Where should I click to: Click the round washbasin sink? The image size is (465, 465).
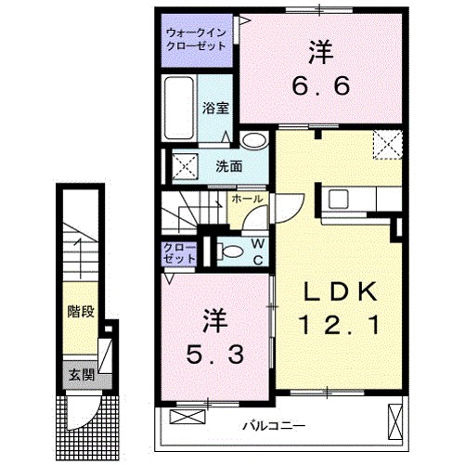click(x=252, y=142)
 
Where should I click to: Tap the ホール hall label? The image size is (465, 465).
click(x=247, y=199)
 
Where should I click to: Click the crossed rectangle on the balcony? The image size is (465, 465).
click(x=395, y=422)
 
